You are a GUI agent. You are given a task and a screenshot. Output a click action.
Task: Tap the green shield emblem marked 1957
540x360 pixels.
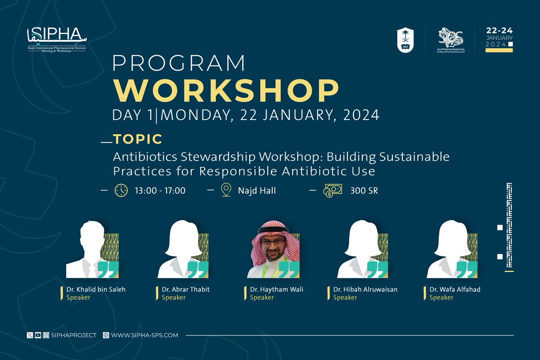(x=405, y=40)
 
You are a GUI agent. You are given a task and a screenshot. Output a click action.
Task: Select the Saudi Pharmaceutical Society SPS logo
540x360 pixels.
(x=450, y=40)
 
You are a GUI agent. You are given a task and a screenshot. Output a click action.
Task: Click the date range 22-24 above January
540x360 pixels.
(x=499, y=31)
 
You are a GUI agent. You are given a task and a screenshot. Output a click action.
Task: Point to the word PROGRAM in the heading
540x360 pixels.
(x=179, y=63)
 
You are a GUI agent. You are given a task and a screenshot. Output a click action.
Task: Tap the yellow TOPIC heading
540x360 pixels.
(x=138, y=139)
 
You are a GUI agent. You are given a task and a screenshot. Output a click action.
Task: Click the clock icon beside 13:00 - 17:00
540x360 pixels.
(x=121, y=190)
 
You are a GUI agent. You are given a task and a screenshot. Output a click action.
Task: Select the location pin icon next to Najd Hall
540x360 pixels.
(x=226, y=190)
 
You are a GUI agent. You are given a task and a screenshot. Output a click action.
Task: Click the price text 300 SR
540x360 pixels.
(x=364, y=191)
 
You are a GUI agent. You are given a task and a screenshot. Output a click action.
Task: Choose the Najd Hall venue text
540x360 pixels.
(x=257, y=191)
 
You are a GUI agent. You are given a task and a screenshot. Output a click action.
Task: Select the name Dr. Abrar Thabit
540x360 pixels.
(x=186, y=289)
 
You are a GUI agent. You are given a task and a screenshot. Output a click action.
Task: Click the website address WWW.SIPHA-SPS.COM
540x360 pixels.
(x=144, y=335)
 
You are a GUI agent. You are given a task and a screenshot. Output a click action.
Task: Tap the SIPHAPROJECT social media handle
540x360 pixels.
(x=74, y=335)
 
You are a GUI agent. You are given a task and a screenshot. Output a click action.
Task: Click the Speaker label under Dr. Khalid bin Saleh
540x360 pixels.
(x=78, y=297)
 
